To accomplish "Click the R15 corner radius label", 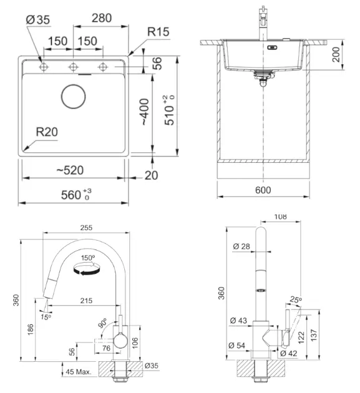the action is point(158,32).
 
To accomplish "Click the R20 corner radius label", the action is point(47,132).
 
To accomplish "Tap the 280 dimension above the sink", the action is point(102,18).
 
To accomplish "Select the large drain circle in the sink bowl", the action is point(74,97).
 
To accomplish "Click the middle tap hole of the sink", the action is point(73,67).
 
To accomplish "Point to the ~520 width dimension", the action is point(70,170).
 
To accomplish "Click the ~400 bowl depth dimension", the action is point(145,112).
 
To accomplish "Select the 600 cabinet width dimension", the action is point(263,190).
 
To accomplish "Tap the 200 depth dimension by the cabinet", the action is point(336,54).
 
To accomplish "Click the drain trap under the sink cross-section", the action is point(263,77).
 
